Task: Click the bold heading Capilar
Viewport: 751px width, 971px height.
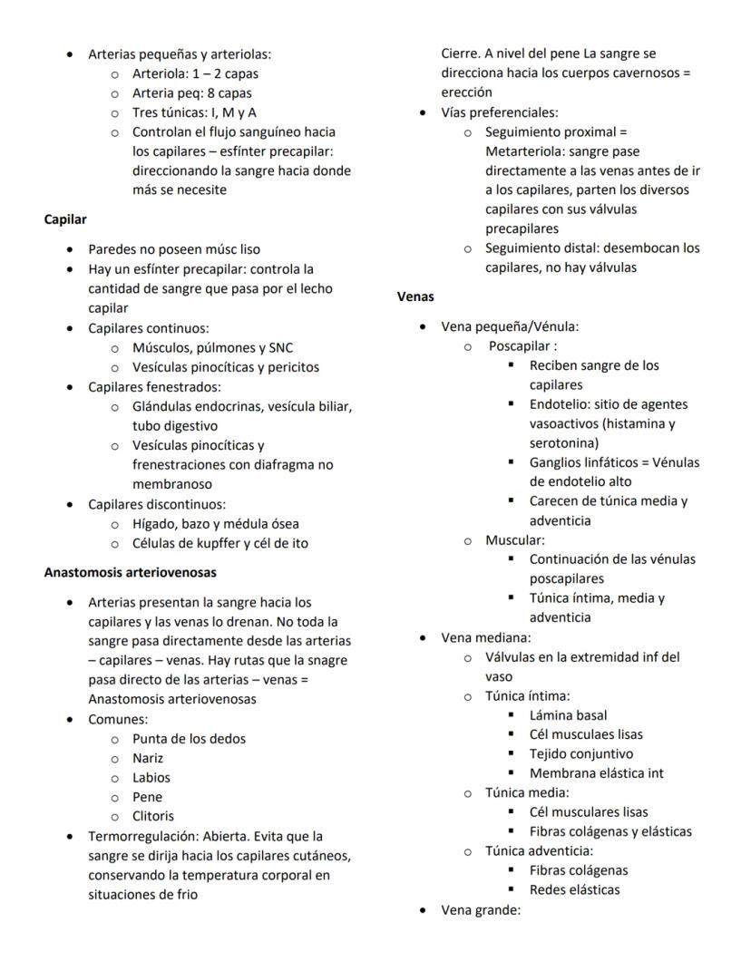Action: click(65, 219)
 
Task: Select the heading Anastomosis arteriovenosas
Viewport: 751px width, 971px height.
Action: click(130, 572)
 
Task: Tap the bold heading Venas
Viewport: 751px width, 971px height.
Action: click(415, 296)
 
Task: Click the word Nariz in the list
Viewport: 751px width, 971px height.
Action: click(148, 758)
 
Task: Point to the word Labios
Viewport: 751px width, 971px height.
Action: click(151, 777)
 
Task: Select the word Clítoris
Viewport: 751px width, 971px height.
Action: click(153, 815)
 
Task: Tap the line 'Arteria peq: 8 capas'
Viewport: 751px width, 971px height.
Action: click(192, 92)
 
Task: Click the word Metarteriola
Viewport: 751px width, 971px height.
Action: click(523, 151)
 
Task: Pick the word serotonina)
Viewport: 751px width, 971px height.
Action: click(564, 442)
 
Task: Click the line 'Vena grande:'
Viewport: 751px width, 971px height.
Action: click(481, 909)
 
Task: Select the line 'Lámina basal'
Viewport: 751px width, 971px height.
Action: click(569, 715)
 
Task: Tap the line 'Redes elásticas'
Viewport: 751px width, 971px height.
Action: click(575, 889)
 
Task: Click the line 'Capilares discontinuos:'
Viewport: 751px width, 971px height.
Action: click(157, 504)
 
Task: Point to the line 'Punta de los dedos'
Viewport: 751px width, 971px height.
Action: click(189, 738)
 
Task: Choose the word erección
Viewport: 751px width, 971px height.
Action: click(467, 92)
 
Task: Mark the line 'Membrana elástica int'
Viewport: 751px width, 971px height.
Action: click(597, 772)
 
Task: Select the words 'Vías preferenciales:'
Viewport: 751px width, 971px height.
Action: click(500, 112)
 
